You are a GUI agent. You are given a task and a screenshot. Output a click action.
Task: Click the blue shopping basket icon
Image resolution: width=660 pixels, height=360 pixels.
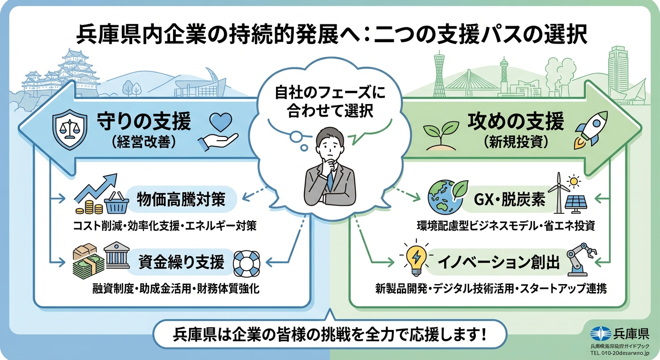(x=117, y=204)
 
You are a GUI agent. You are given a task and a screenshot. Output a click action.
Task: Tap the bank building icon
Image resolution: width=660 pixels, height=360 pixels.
(x=117, y=257)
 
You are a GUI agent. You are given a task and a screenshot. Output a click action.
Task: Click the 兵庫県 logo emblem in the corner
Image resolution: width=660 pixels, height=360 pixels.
(x=601, y=334)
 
